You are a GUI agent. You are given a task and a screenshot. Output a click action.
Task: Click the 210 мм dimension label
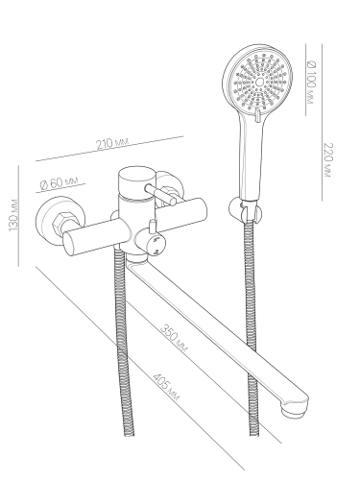[x=112, y=143]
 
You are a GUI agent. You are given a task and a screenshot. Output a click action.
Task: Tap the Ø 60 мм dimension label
[x=59, y=182]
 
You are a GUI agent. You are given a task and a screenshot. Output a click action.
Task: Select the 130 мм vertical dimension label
[x=13, y=215]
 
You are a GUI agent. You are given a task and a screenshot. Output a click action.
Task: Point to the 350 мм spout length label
[x=174, y=338]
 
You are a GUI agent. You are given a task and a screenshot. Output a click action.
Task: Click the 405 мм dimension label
[x=166, y=387]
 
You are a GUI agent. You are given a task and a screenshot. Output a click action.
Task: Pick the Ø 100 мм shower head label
[x=311, y=82]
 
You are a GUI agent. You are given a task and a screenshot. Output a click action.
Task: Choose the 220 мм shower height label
[x=328, y=159]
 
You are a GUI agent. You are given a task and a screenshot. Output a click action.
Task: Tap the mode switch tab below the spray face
[x=257, y=115]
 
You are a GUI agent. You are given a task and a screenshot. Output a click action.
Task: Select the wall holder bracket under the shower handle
[x=246, y=209]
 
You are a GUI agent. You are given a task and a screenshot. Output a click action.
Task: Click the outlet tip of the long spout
[x=295, y=409]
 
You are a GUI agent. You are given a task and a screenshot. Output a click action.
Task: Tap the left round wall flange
[x=60, y=219]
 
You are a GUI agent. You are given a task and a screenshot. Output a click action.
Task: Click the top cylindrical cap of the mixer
[x=136, y=181]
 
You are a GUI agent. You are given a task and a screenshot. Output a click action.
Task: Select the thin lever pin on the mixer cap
[x=160, y=194]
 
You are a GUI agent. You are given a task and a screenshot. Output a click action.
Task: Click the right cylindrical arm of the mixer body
[x=180, y=215]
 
